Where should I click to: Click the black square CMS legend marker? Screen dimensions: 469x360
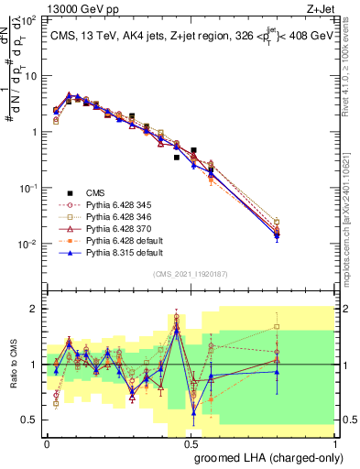[65, 193]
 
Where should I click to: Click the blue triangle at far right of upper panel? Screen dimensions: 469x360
[277, 236]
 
